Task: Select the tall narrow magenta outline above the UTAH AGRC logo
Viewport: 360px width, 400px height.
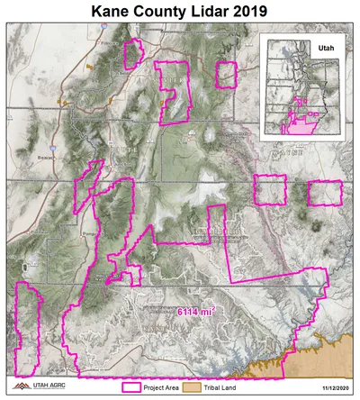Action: point(29,329)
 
